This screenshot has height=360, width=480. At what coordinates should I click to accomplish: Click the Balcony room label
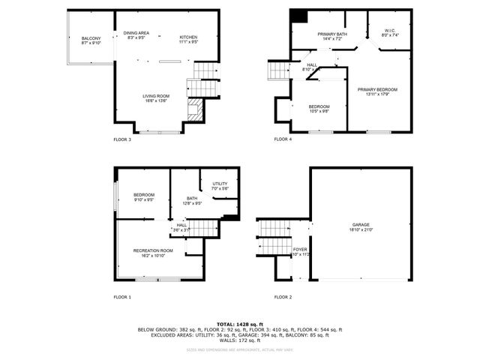tap(91, 40)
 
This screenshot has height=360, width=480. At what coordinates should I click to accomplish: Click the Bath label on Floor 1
tap(192, 200)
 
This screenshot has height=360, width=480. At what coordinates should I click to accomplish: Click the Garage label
tap(361, 226)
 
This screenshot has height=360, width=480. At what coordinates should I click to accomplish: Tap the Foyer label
tap(300, 251)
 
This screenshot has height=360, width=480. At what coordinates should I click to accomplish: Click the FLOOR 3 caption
tap(122, 139)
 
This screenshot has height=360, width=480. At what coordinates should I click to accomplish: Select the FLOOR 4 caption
tap(283, 139)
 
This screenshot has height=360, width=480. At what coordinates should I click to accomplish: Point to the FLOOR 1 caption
tap(122, 297)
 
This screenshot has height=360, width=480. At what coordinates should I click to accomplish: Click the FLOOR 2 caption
tap(283, 297)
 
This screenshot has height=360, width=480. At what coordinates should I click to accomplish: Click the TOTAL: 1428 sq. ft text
tap(240, 323)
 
